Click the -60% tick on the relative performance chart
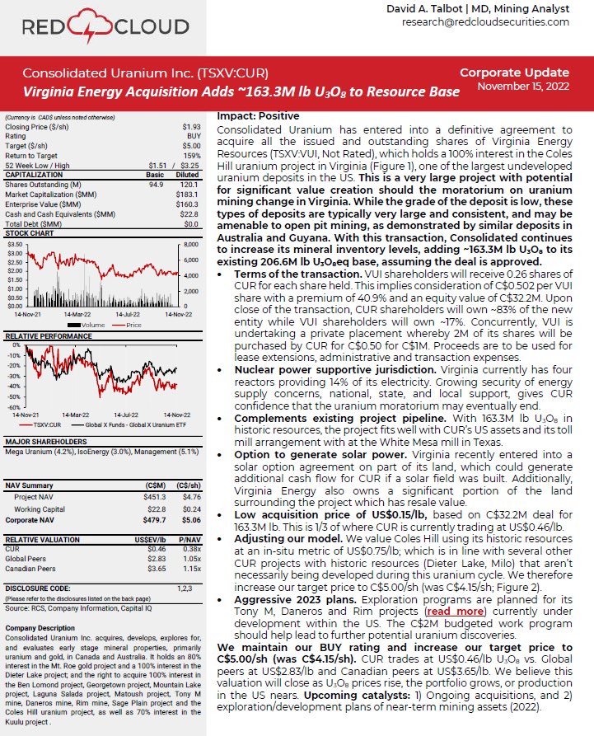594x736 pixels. tap(14, 407)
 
